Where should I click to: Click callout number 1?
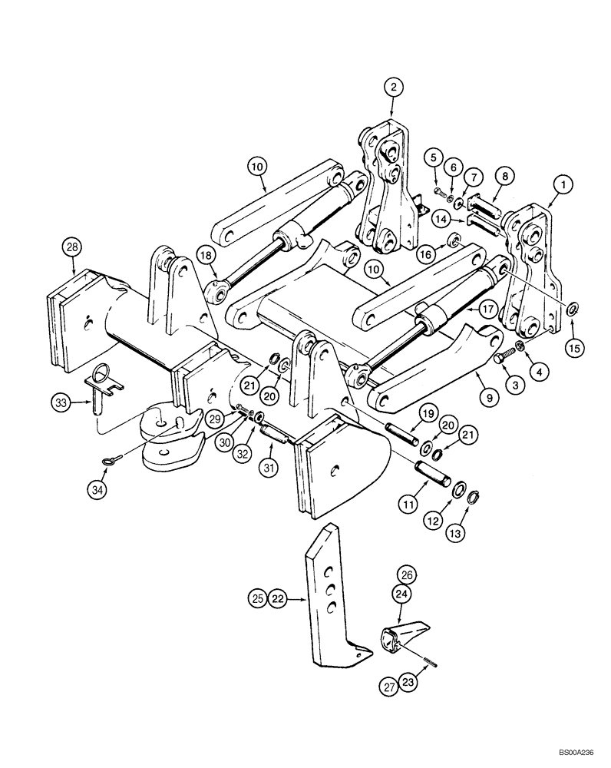[x=563, y=184]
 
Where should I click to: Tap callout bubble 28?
[x=72, y=247]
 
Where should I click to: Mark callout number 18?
[x=206, y=256]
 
